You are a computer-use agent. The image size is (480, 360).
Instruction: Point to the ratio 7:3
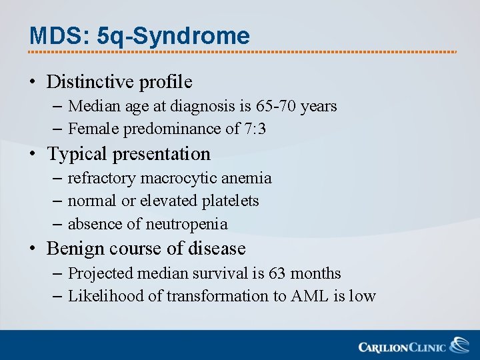click(x=254, y=129)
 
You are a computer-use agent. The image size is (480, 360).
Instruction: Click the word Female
click(x=92, y=129)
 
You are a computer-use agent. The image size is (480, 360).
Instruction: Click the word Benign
click(x=75, y=249)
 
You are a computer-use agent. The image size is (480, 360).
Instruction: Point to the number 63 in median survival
click(x=277, y=273)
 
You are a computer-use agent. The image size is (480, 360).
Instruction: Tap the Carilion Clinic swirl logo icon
click(x=459, y=345)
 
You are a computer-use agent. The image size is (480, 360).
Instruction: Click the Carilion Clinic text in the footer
click(x=402, y=347)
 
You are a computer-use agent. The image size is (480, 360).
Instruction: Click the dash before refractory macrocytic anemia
click(x=57, y=178)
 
